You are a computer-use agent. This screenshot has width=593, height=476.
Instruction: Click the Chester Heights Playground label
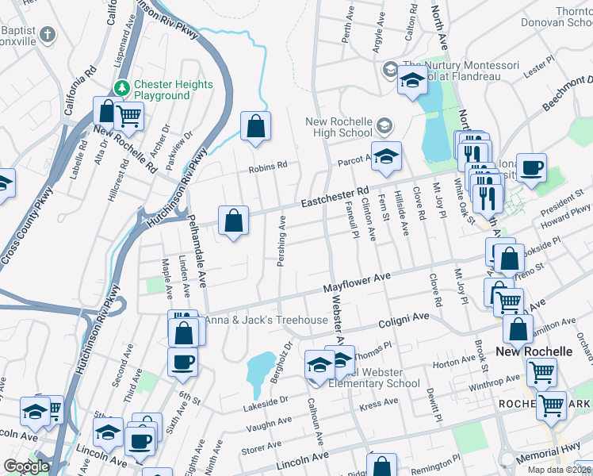(173, 90)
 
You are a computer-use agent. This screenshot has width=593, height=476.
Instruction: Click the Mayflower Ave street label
(358, 282)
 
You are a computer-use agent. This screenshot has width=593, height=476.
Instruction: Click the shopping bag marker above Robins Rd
(255, 126)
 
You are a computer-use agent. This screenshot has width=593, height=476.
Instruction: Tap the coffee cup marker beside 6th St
(182, 362)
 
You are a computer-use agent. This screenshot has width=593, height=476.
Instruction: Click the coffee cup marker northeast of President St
(531, 167)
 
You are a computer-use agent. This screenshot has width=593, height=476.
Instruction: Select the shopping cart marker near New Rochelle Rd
(128, 116)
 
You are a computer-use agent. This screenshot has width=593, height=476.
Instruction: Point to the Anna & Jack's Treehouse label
(266, 321)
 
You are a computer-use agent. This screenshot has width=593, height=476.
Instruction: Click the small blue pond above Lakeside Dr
(259, 370)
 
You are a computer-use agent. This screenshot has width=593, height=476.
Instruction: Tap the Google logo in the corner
(26, 466)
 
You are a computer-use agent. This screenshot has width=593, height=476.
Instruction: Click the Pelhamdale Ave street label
(195, 247)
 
